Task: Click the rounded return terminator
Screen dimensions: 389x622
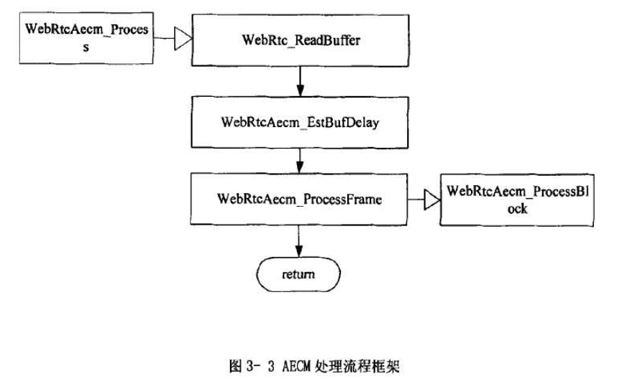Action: (x=299, y=275)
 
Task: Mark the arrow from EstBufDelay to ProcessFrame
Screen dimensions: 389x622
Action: (x=299, y=160)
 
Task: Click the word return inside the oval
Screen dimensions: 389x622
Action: (x=299, y=275)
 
